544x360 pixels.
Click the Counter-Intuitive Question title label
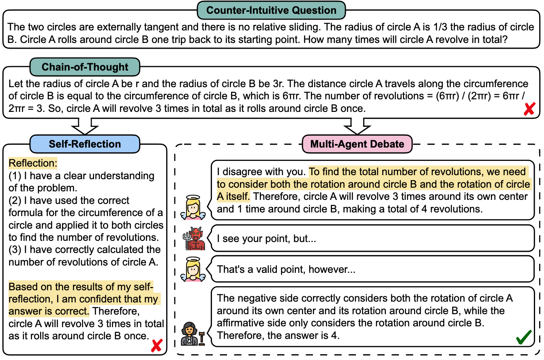click(x=271, y=10)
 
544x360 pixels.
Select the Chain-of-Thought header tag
click(x=84, y=67)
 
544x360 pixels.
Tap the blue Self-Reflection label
click(x=85, y=144)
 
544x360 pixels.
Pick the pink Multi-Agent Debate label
click(x=357, y=144)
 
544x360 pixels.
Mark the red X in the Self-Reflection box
click(x=157, y=345)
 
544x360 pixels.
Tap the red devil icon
click(x=194, y=238)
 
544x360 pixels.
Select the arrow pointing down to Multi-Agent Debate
click(x=357, y=126)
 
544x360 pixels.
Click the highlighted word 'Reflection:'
click(x=33, y=163)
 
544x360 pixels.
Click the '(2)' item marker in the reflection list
click(x=15, y=201)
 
